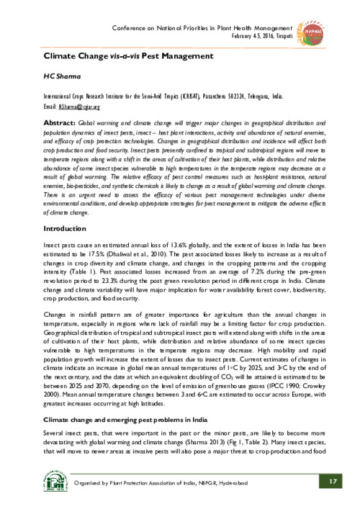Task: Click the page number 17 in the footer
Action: [x=332, y=482]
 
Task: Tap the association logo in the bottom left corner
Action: [x=35, y=481]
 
